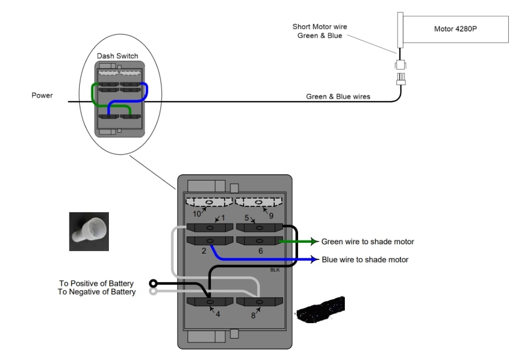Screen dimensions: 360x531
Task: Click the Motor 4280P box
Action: coord(455,29)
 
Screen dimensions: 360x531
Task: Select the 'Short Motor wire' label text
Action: coord(319,27)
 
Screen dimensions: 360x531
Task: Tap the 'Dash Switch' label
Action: coord(118,56)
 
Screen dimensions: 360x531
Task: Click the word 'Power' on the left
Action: coord(42,95)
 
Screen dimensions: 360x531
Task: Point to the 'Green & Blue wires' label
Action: coord(338,96)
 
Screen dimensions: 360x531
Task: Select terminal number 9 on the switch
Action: coord(271,215)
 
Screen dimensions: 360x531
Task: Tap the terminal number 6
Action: coord(260,251)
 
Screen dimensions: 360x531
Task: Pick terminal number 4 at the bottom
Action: coord(218,314)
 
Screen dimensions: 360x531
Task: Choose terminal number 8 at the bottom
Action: coord(253,314)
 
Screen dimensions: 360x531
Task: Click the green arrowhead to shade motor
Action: coord(314,241)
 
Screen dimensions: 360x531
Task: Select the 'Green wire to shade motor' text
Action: coord(368,241)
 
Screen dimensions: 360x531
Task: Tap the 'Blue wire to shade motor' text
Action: coord(365,259)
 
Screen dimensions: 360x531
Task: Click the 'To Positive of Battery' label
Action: coord(96,283)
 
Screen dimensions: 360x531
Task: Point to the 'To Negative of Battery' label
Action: coord(97,292)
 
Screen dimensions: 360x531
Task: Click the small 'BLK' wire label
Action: coord(275,270)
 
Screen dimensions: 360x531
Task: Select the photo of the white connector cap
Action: coord(89,231)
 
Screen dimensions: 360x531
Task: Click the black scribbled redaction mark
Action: coord(322,307)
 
